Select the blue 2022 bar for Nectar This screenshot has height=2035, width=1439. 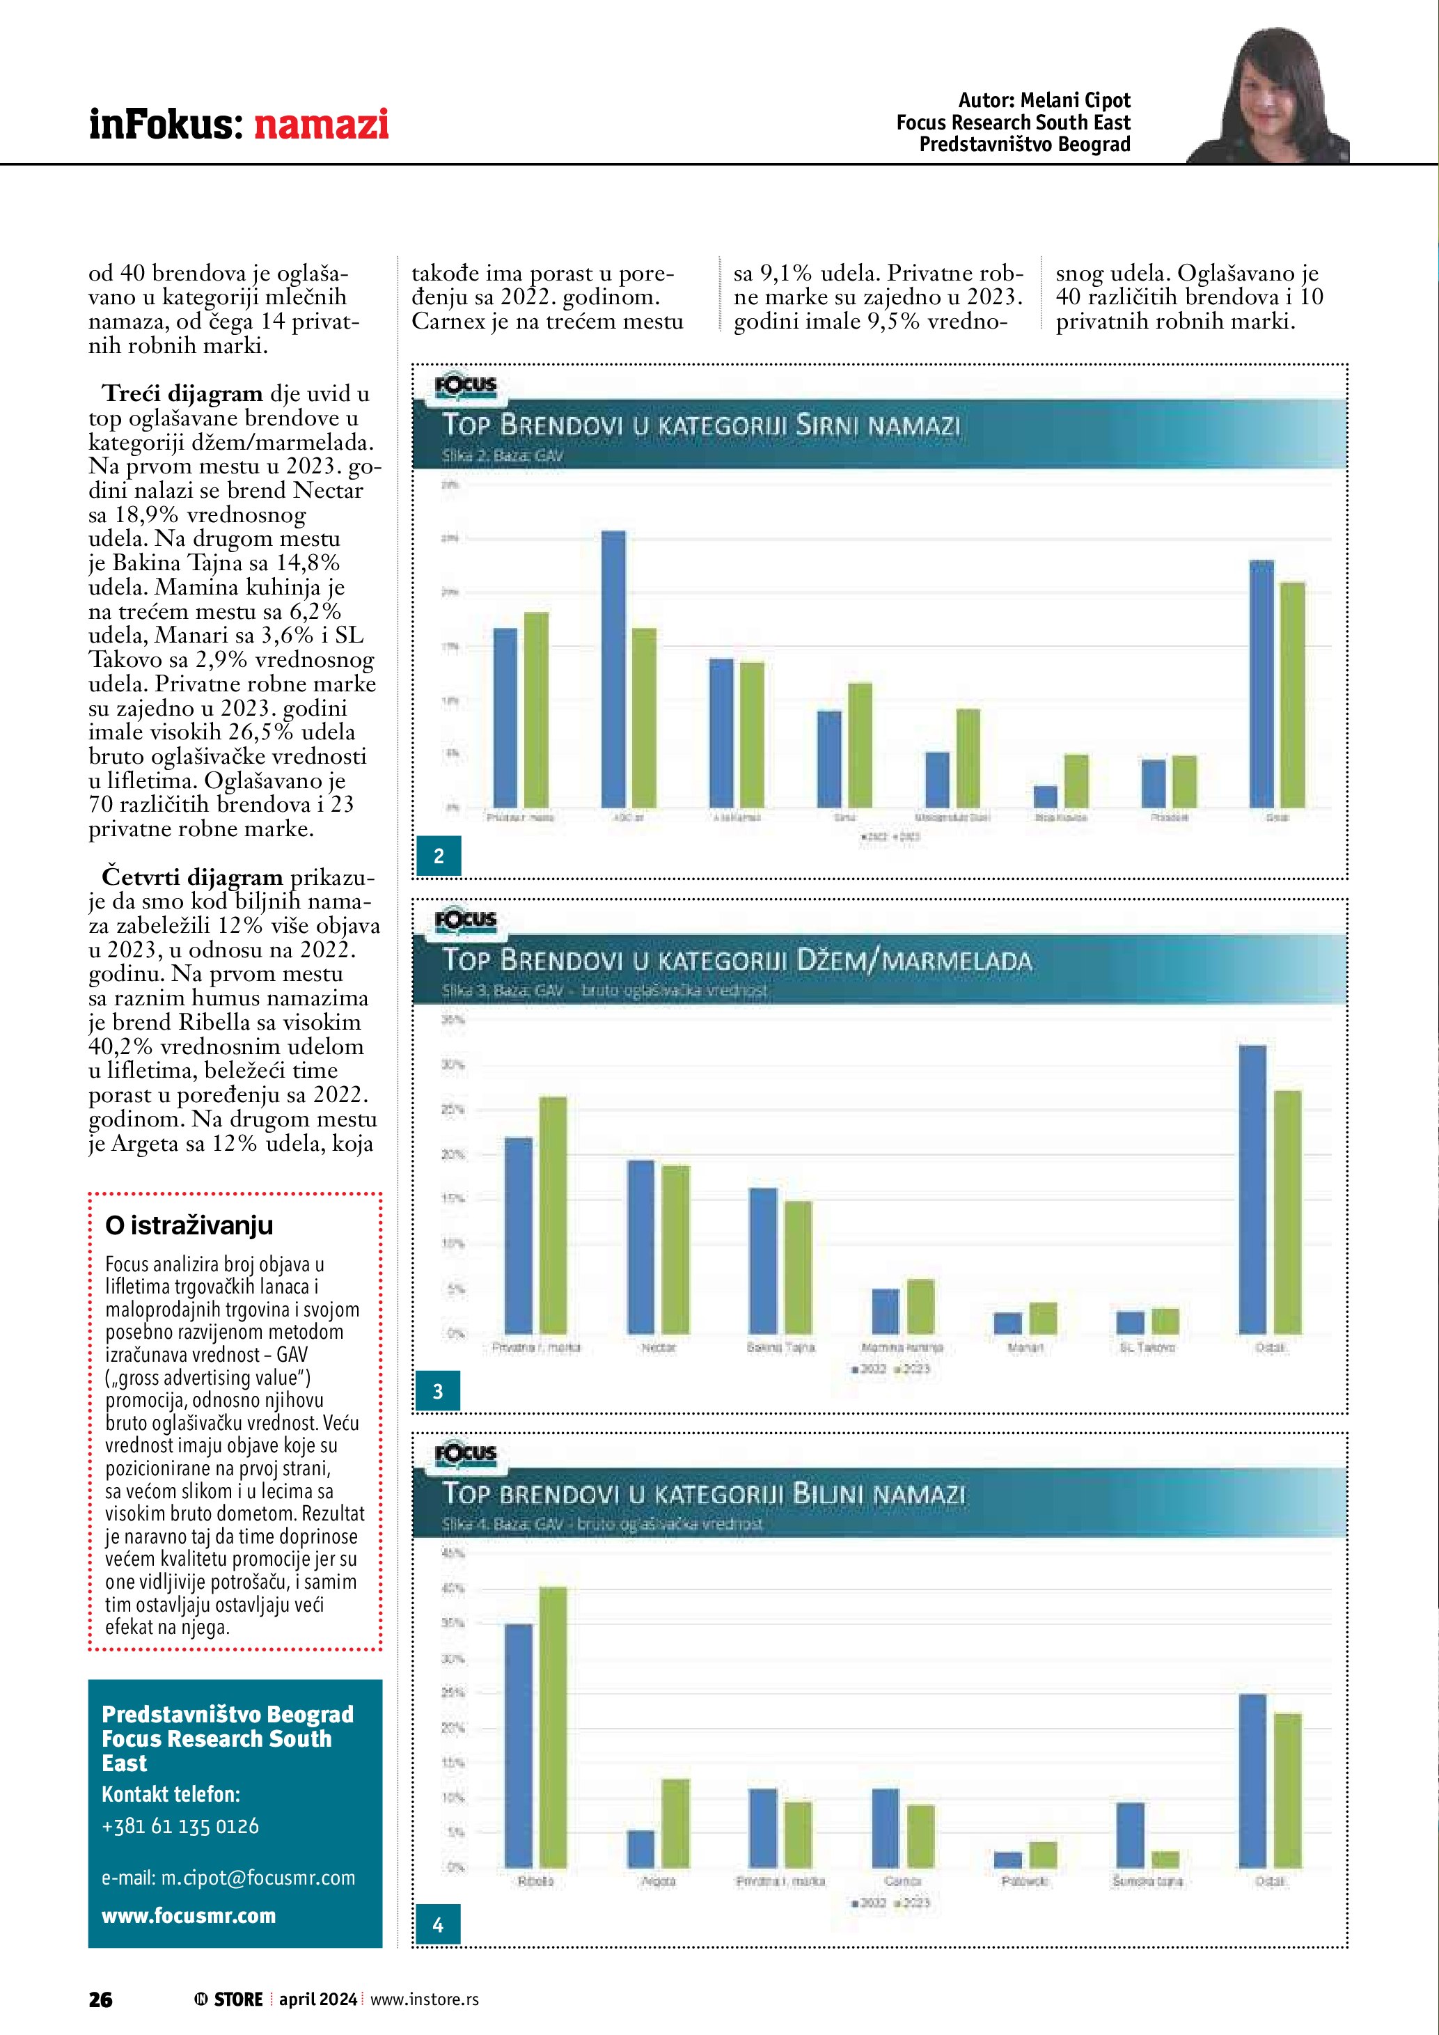(x=640, y=1246)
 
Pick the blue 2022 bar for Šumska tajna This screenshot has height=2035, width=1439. (x=1131, y=1834)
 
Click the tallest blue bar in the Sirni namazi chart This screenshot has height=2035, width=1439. (x=613, y=668)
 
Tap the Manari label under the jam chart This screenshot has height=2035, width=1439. (x=1025, y=1347)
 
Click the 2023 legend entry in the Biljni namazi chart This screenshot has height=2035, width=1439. (x=913, y=1903)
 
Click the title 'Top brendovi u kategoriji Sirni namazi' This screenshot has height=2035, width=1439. (x=702, y=425)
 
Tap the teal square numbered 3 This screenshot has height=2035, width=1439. (x=438, y=1392)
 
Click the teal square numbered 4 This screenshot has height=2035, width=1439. (x=438, y=1925)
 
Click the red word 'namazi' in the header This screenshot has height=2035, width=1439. (x=321, y=123)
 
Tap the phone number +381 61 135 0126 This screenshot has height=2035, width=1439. (x=181, y=1826)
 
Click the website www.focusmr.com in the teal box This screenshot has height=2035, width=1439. (x=189, y=1915)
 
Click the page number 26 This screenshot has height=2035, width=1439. (x=100, y=1999)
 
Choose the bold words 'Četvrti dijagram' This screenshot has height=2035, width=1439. (x=191, y=877)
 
